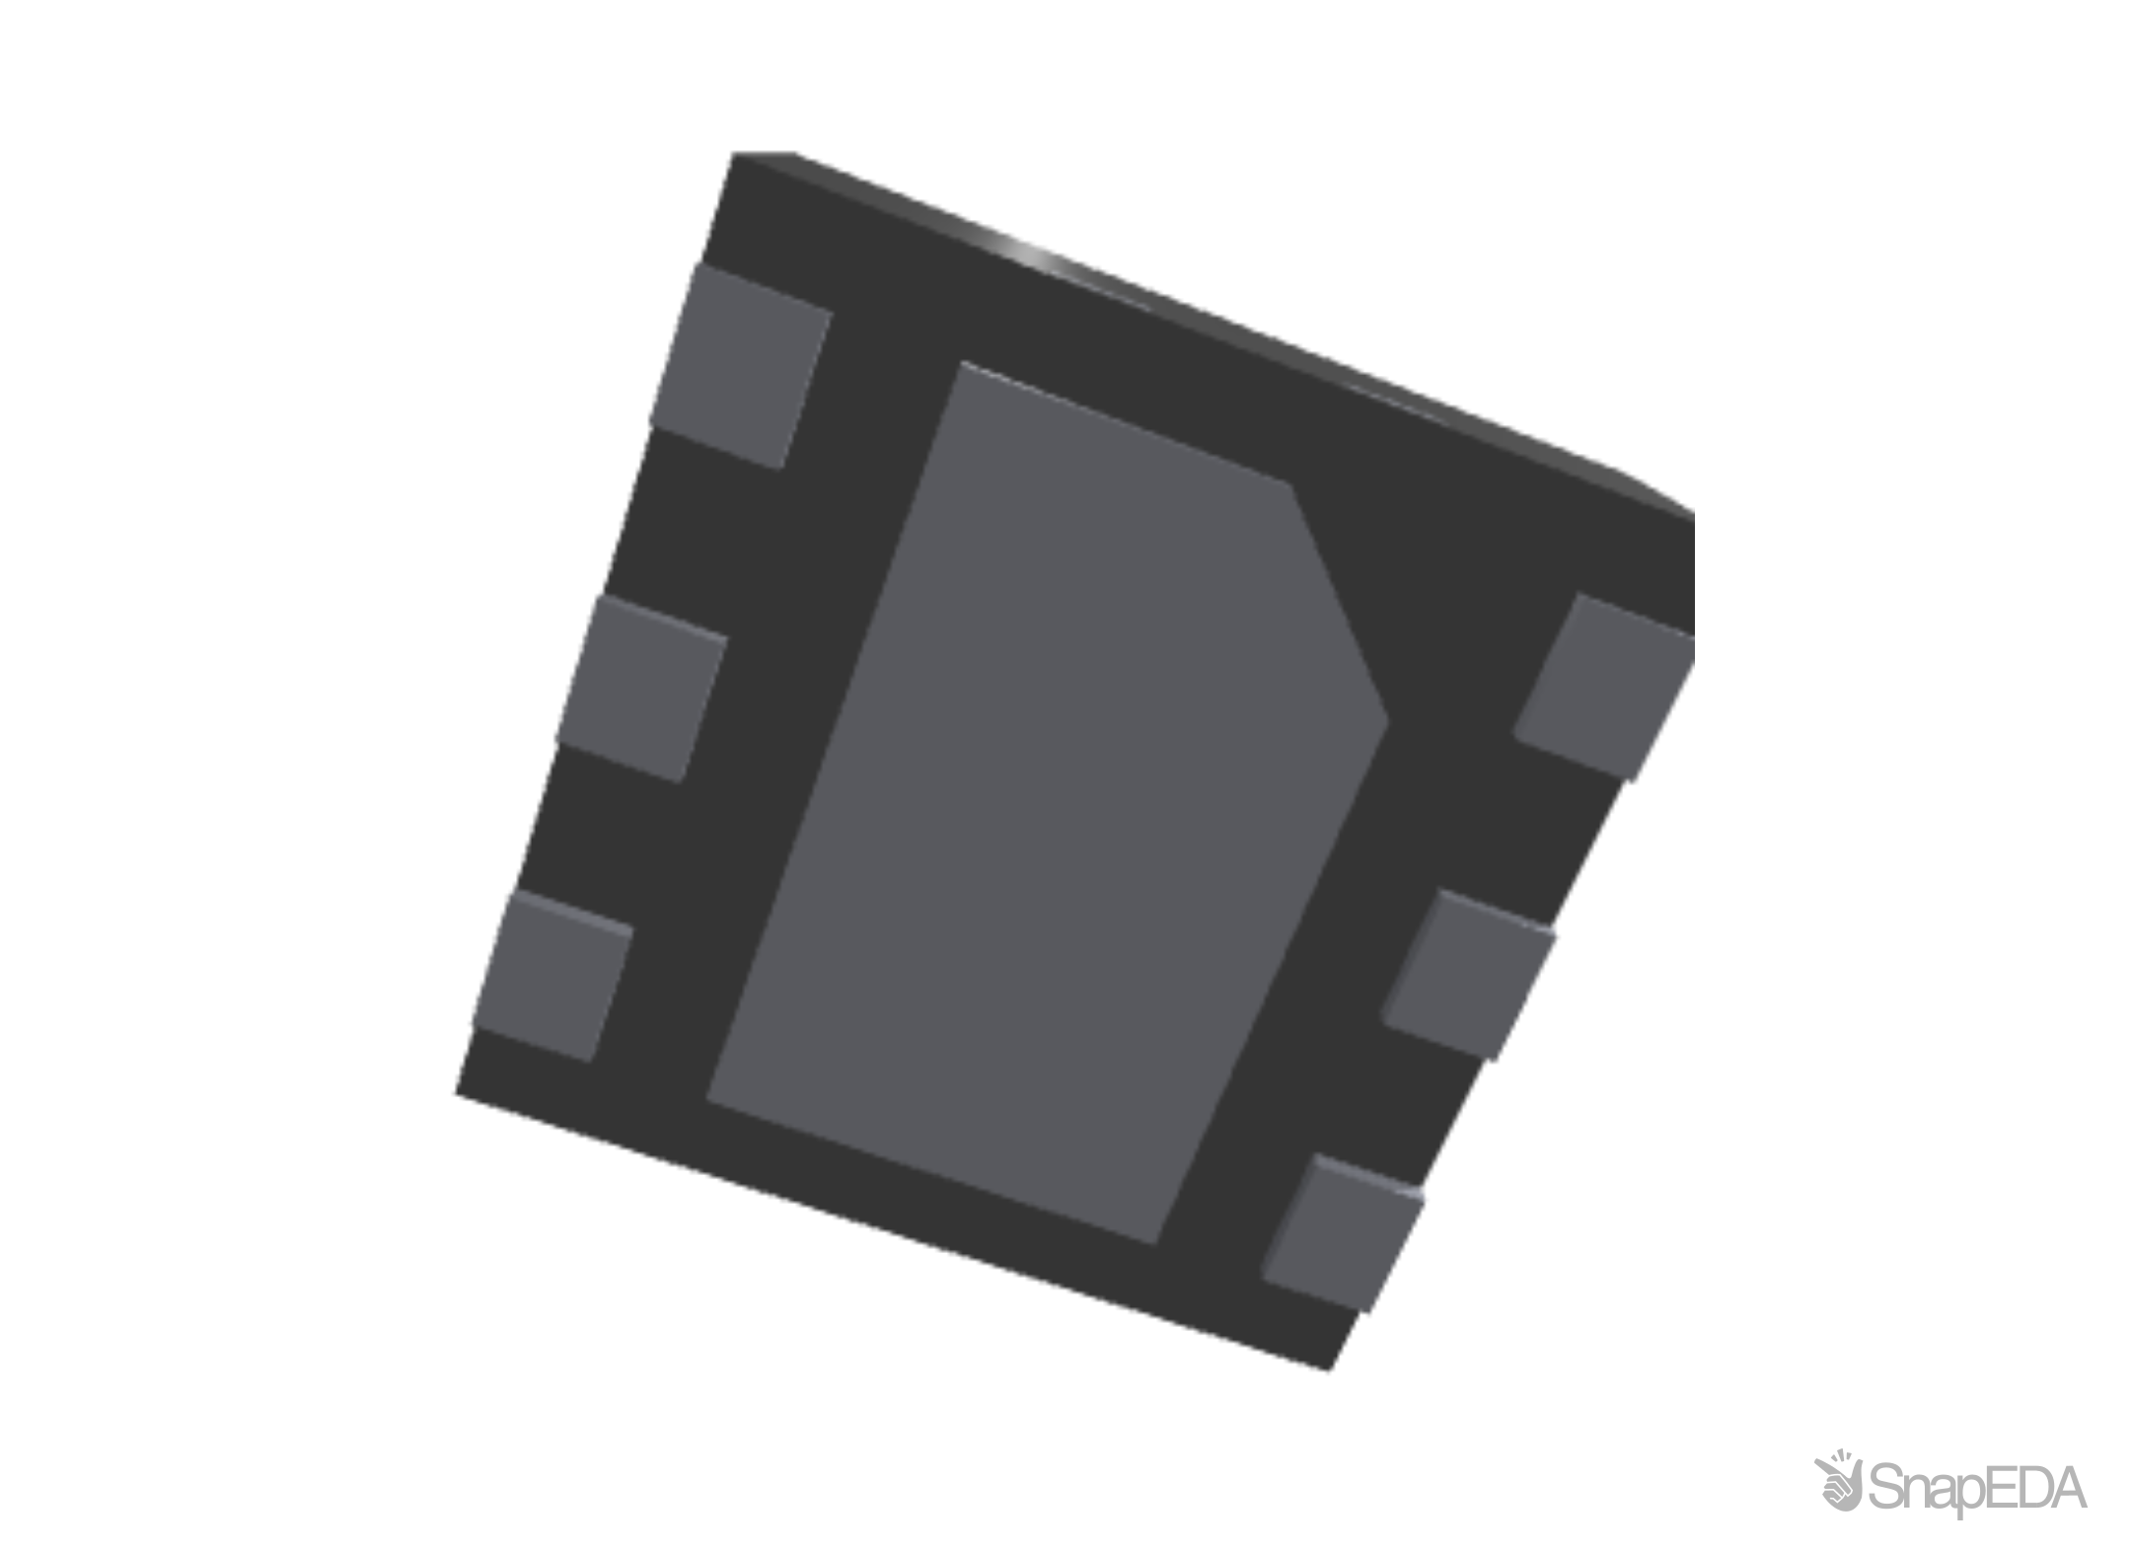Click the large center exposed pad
pos(1046,799)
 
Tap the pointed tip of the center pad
pos(1385,720)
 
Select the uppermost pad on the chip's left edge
pos(741,365)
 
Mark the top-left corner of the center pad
pos(962,366)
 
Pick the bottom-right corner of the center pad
pos(1156,1241)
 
